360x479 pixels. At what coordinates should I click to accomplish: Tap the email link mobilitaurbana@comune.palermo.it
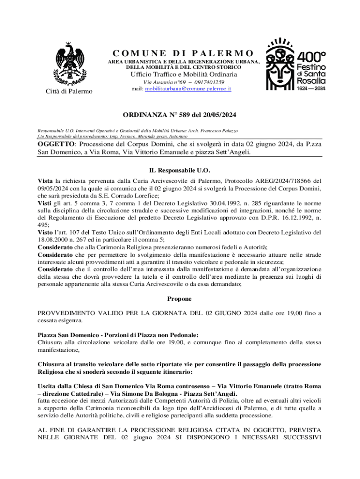pyautogui.click(x=188, y=88)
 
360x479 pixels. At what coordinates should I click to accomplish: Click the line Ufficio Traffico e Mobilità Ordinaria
pyautogui.click(x=184, y=74)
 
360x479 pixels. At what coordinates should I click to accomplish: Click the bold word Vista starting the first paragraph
pyautogui.click(x=45, y=180)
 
